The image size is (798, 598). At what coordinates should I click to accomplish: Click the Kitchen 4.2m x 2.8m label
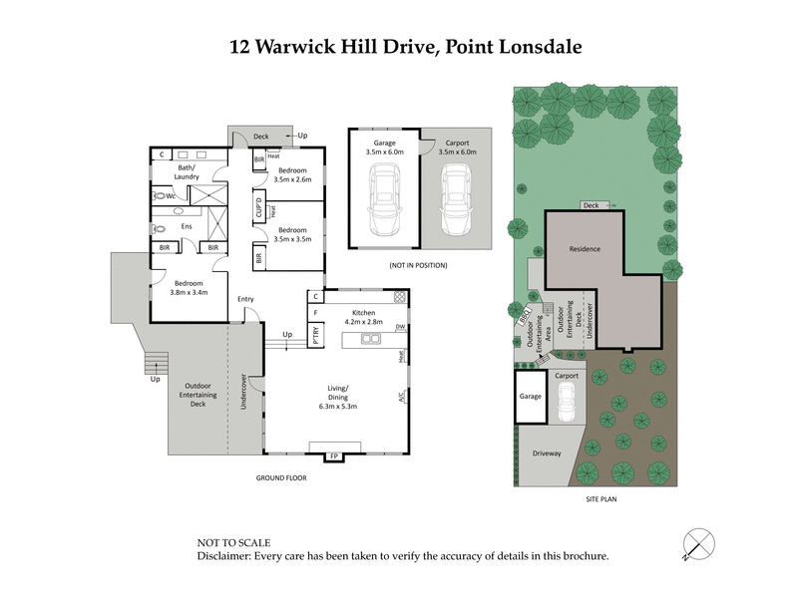click(363, 317)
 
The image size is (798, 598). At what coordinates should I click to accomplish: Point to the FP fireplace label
click(333, 456)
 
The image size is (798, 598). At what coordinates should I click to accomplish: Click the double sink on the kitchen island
click(370, 339)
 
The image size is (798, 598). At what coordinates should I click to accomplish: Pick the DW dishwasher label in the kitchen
click(399, 326)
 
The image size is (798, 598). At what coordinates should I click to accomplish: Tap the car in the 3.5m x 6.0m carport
click(456, 198)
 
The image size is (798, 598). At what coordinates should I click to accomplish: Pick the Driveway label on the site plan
click(547, 453)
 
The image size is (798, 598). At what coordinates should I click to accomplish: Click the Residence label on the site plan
click(584, 248)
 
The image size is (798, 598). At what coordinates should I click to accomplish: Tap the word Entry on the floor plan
click(245, 299)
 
